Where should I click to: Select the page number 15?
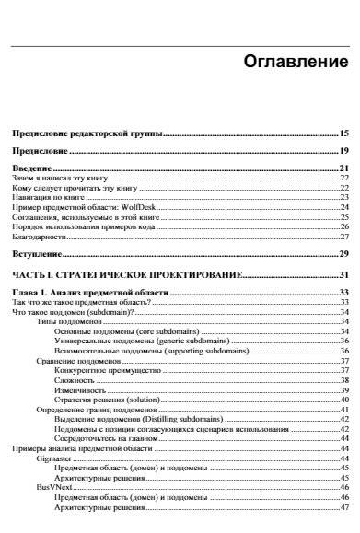(x=343, y=133)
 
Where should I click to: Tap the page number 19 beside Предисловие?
(x=343, y=150)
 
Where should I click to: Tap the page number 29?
(x=343, y=252)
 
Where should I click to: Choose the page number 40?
(x=343, y=400)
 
